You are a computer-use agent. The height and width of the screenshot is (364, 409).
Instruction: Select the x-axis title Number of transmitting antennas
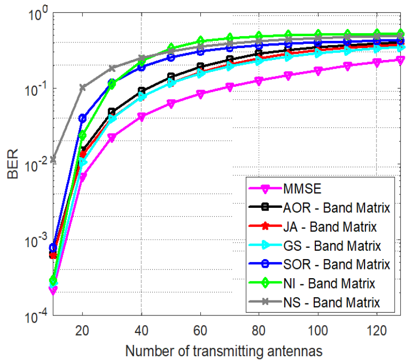[x=223, y=351]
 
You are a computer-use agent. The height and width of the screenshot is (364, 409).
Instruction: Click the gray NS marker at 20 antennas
[x=82, y=87]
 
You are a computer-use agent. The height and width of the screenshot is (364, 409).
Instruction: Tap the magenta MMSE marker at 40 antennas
[x=141, y=117]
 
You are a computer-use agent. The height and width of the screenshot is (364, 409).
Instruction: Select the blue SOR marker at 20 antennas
[x=82, y=118]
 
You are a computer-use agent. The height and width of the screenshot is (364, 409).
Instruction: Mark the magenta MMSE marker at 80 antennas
[x=259, y=81]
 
